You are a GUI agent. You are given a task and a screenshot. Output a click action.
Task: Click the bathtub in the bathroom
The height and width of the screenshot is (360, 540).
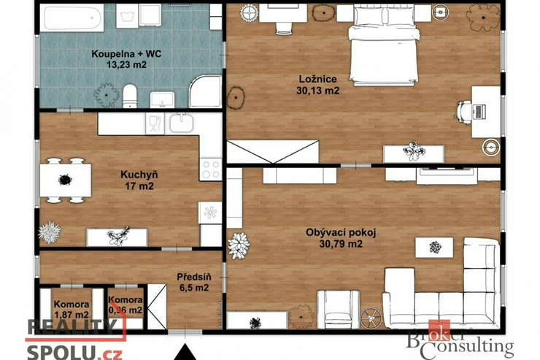coord(72,18)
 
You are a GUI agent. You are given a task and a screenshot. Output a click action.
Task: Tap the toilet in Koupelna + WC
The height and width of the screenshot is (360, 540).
coord(130,96)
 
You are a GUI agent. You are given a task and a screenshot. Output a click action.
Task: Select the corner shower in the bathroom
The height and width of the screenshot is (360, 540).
coord(205,91)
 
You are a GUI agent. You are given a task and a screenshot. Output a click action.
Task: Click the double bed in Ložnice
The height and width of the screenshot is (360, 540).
coord(384,45)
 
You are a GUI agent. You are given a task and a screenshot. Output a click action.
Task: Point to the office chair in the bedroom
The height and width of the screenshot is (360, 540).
coord(464,112)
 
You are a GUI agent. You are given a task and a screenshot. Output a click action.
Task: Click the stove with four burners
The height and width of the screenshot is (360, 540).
coord(211,169)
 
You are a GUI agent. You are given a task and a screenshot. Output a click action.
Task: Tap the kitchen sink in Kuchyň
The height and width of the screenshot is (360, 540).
coord(181,123)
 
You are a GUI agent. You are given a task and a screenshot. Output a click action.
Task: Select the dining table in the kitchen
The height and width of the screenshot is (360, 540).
coord(66,180)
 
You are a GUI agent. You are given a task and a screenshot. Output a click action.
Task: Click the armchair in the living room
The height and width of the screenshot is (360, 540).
coord(338,309)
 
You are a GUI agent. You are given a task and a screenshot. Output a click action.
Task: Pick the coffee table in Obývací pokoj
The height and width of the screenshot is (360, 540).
coord(434,247)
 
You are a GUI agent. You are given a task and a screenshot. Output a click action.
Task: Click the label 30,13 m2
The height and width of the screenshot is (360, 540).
coord(317,91)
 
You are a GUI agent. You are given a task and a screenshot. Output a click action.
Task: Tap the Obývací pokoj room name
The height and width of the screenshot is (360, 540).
coord(341,232)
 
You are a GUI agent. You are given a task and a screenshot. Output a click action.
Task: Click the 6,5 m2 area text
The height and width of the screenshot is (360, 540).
coord(194,288)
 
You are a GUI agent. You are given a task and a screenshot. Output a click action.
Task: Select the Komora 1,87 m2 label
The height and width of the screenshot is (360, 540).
coord(72,310)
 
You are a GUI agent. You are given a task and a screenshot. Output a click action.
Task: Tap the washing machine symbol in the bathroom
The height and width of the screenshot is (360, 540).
coord(127,16)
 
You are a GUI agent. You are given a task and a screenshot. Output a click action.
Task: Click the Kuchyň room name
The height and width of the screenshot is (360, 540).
coord(139,175)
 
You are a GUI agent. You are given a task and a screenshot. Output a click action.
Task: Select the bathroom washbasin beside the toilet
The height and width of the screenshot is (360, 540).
coord(162,99)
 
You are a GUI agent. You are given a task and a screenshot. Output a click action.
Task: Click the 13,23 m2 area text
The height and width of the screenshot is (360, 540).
coord(126,64)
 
